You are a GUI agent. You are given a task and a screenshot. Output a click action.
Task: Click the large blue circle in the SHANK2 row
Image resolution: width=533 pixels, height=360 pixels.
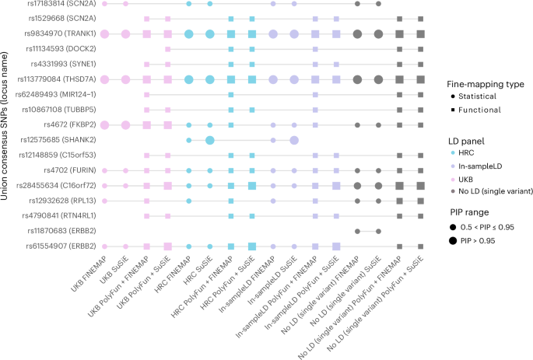pos(209,140)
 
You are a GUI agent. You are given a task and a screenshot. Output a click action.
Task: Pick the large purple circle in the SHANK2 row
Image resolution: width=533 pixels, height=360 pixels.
pos(294,140)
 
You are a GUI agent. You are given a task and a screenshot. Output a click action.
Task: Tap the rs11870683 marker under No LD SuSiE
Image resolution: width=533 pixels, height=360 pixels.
pos(378,231)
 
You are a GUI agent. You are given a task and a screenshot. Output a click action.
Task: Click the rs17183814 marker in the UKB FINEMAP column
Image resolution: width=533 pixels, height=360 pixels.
pos(104,4)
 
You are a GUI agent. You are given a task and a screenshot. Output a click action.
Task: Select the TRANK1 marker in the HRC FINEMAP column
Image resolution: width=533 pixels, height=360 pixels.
pos(188,33)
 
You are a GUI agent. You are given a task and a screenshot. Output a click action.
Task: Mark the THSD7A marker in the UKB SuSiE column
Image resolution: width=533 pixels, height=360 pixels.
pos(125,79)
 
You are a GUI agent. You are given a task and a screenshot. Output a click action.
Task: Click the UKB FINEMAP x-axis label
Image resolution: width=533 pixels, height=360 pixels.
pos(88,272)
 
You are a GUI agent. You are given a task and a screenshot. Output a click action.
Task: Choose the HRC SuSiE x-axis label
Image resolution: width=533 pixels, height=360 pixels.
pos(194,271)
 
